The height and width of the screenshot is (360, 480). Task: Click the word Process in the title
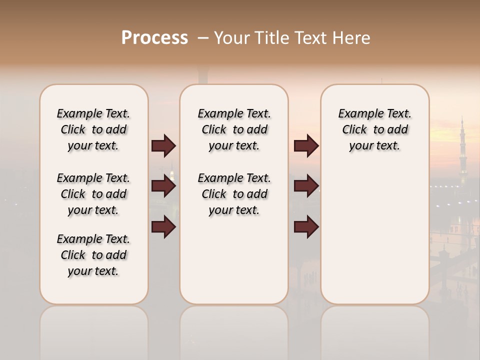(154, 38)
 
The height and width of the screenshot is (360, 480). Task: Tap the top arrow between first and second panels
(163, 146)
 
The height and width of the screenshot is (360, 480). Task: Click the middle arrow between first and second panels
(163, 186)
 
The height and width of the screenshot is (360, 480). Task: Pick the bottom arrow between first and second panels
(163, 227)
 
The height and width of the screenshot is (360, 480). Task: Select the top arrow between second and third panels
(306, 146)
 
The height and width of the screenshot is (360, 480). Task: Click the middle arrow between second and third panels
(306, 186)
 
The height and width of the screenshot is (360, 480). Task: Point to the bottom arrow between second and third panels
(306, 227)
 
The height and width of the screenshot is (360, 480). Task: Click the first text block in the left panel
(93, 129)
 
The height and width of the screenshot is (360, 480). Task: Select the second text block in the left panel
(93, 194)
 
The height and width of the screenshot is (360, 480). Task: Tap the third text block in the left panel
(93, 255)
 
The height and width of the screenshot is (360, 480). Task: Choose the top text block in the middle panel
(234, 129)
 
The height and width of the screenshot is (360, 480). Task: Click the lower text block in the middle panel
(234, 194)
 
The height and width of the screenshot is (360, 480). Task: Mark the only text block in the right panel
(374, 129)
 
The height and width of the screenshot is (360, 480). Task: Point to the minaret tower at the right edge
(462, 150)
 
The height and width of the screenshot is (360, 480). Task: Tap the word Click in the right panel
(354, 130)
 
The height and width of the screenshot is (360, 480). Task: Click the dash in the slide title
(203, 38)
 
